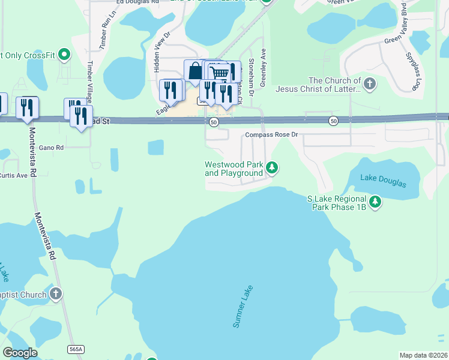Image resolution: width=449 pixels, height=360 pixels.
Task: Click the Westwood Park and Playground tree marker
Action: click(272, 167)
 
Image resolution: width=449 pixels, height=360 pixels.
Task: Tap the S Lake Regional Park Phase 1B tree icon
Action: click(375, 202)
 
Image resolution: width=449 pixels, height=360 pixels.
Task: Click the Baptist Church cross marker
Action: click(55, 294)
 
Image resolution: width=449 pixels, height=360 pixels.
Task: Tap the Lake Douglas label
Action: click(383, 178)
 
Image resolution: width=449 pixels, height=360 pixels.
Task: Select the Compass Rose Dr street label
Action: click(271, 135)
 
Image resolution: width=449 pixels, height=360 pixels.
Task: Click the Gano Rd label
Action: click(51, 147)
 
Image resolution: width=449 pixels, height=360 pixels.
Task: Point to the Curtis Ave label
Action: click(14, 175)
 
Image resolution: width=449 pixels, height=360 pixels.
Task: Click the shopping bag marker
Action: click(195, 71)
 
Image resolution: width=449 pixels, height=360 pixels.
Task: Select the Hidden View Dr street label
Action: click(162, 52)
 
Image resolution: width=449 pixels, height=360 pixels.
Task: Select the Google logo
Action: click(20, 353)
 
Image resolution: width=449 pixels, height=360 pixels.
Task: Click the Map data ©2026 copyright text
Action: click(423, 355)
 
